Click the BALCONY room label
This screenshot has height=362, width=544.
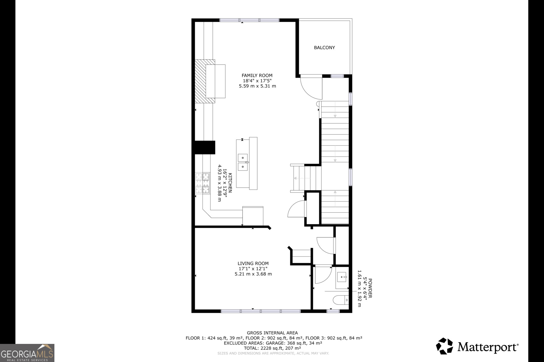pyautogui.click(x=324, y=48)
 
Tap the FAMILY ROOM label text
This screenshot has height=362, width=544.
pyautogui.click(x=257, y=75)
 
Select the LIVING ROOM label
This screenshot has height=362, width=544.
pyautogui.click(x=253, y=263)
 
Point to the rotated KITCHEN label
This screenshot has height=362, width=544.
pyautogui.click(x=230, y=183)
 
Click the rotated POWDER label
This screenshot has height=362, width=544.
pyautogui.click(x=370, y=288)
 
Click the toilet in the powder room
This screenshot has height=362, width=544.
pyautogui.click(x=340, y=300)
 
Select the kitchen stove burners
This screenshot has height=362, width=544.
pyautogui.click(x=202, y=183)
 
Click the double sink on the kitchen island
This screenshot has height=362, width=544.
pyautogui.click(x=243, y=162)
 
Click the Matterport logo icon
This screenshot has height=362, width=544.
pyautogui.click(x=444, y=346)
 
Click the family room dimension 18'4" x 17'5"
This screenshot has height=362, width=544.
pyautogui.click(x=257, y=81)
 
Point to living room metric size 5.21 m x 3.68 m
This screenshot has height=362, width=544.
pyautogui.click(x=253, y=274)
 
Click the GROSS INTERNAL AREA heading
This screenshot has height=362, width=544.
pyautogui.click(x=272, y=333)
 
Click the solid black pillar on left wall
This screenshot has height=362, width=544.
pyautogui.click(x=205, y=148)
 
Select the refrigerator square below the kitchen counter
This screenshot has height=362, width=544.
pyautogui.click(x=253, y=216)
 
